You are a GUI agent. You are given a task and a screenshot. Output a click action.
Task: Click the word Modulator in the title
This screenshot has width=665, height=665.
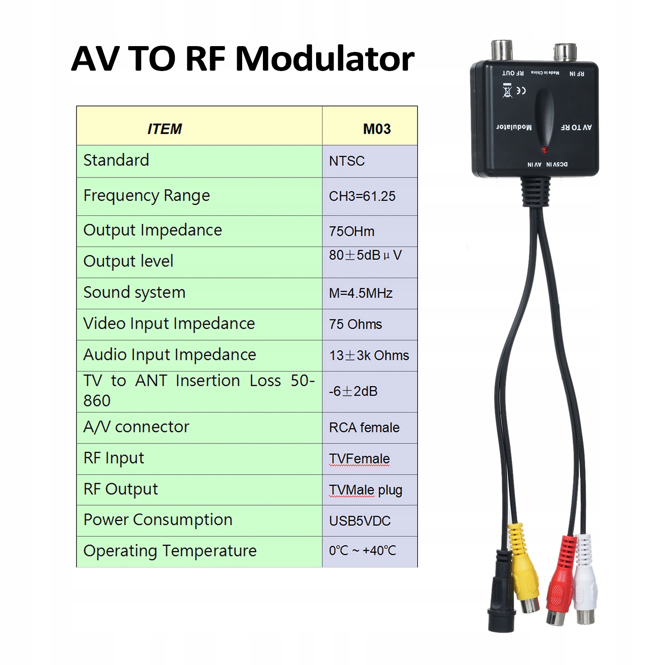(325, 59)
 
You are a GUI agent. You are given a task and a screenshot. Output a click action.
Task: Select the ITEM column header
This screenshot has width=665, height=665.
(164, 129)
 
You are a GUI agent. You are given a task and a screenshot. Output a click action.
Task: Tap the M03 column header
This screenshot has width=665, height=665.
(377, 129)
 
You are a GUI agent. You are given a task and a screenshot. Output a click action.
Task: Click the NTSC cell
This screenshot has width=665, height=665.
(347, 161)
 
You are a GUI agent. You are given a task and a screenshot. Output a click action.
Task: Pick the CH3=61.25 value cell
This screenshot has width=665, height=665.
(362, 196)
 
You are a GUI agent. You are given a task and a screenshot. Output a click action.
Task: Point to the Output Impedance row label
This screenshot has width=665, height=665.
(152, 231)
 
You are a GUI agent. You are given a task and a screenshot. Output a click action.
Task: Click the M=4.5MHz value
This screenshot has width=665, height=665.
(361, 293)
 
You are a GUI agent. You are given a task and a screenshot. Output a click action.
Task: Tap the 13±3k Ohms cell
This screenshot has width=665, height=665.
(369, 356)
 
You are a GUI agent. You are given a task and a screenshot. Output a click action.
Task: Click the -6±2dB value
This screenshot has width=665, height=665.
(353, 391)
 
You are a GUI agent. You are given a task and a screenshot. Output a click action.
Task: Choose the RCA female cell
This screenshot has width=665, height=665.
(364, 427)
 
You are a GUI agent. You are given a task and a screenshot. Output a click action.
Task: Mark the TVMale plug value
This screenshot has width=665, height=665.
(366, 490)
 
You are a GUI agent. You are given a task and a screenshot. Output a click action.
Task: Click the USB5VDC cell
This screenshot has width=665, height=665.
(360, 521)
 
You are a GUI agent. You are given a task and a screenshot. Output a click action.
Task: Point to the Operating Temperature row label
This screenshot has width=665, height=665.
(170, 551)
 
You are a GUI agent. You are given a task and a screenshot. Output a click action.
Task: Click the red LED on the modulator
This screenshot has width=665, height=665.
(544, 150)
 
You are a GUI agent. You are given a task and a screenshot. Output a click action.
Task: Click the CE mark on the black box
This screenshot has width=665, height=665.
(521, 91)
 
